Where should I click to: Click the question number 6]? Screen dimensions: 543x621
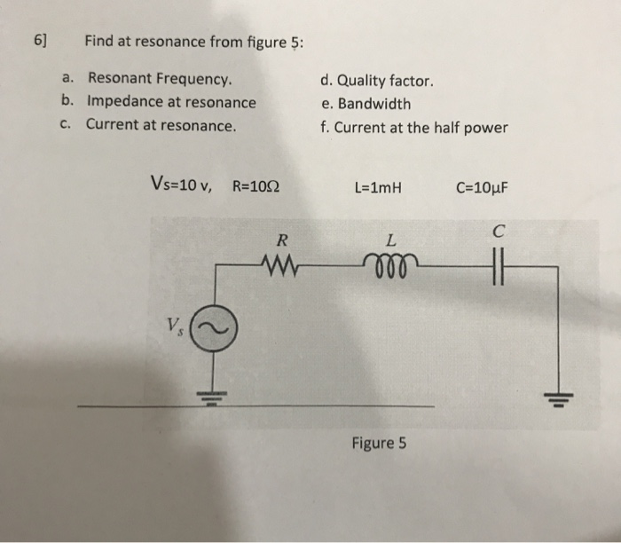(40, 42)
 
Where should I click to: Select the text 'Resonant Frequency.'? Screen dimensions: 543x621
(160, 81)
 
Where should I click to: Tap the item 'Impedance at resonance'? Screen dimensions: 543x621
(170, 102)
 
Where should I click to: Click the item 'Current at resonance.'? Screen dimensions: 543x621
(161, 124)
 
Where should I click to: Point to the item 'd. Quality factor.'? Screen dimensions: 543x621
(377, 81)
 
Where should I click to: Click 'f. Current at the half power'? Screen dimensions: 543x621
(414, 127)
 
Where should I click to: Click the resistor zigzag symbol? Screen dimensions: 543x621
(281, 264)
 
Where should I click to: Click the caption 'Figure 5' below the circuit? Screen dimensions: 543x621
(379, 442)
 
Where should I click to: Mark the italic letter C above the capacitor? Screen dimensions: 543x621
(501, 233)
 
